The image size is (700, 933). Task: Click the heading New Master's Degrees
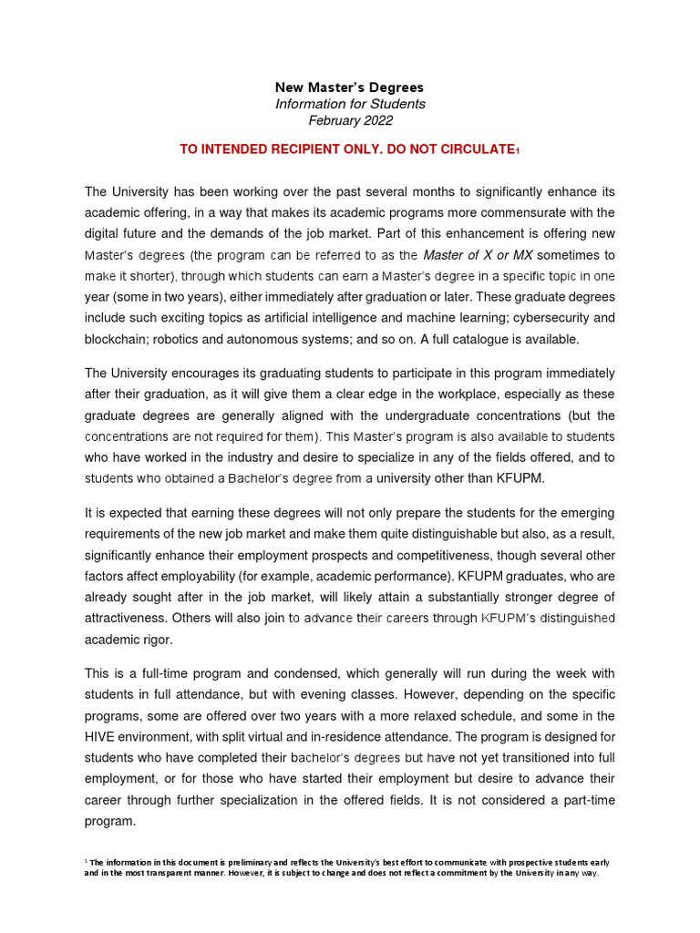[350, 87]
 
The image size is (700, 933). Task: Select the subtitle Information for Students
[350, 104]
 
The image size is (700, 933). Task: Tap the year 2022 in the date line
[376, 120]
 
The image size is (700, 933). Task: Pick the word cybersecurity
[546, 318]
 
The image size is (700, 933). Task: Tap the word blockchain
[117, 339]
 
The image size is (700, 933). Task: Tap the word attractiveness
[137, 618]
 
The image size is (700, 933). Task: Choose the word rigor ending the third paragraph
[152, 640]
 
